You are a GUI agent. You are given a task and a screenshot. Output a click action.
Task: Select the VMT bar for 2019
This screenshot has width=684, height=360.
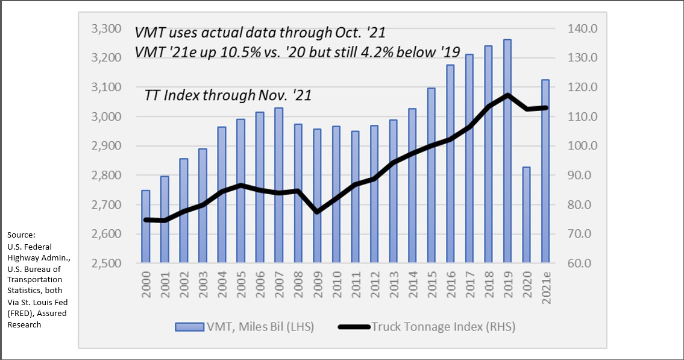click(507, 151)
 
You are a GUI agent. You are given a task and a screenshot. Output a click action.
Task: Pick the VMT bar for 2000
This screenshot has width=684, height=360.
click(145, 227)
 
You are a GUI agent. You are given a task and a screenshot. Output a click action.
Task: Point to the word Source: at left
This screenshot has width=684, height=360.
click(22, 235)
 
